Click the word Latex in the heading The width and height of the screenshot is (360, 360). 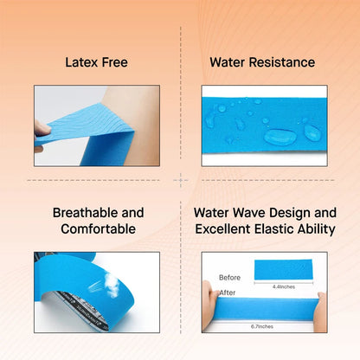coord(80,62)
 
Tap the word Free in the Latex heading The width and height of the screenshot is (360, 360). coord(116,62)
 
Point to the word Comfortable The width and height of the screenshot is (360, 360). coord(98,228)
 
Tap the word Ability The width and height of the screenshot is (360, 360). coord(312,228)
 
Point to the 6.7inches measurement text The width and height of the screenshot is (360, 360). coord(263,326)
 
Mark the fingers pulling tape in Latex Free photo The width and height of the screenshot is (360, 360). coord(42,128)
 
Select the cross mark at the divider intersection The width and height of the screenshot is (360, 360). coord(180,180)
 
